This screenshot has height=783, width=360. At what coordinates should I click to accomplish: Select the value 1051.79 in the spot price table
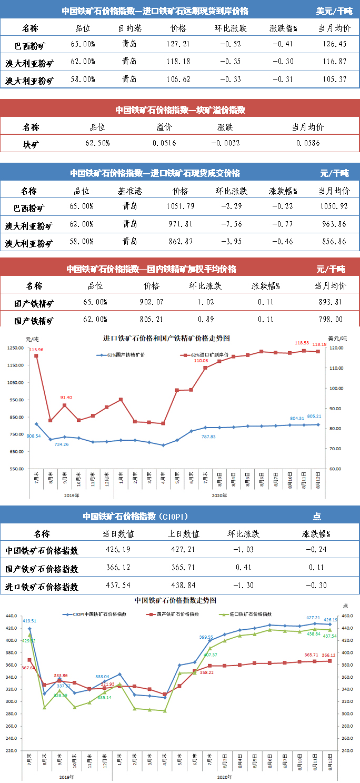click(x=179, y=206)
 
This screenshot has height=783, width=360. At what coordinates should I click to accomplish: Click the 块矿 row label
click(x=31, y=143)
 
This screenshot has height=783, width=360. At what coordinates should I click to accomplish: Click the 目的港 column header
click(x=129, y=28)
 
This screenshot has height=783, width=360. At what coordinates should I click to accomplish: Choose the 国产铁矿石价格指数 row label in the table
click(x=42, y=569)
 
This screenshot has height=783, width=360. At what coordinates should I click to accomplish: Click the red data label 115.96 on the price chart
click(x=36, y=350)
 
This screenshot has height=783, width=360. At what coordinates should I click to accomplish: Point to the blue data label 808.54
click(x=33, y=435)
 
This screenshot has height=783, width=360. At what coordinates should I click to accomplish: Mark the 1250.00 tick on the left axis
click(x=16, y=348)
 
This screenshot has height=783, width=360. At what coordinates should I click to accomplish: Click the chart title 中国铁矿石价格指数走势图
click(x=175, y=600)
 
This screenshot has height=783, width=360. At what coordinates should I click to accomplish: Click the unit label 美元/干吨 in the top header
click(x=334, y=11)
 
